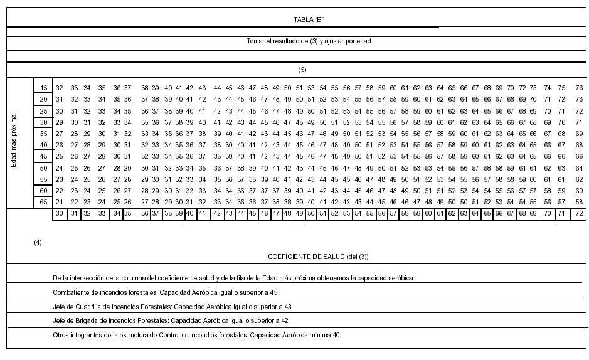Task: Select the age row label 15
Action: [x=43, y=87]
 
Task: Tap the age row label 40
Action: [x=43, y=145]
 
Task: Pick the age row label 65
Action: [x=43, y=202]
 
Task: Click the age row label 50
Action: [x=43, y=168]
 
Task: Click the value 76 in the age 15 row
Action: [x=579, y=87]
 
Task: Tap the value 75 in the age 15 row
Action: [x=562, y=87]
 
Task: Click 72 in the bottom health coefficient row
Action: [x=579, y=214]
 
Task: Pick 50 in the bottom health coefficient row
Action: [x=311, y=214]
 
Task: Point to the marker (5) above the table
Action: [x=302, y=69]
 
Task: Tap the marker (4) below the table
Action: [x=38, y=241]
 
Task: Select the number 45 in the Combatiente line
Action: [x=273, y=292]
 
